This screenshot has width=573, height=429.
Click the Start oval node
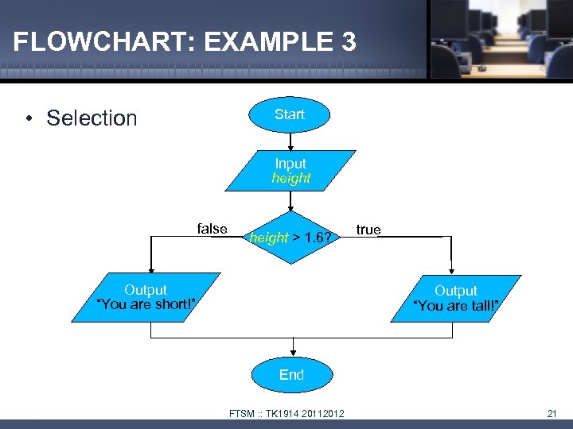(290, 115)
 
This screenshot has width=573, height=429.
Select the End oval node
(291, 375)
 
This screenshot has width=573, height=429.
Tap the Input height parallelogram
(290, 171)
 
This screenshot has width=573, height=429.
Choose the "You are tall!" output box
(456, 299)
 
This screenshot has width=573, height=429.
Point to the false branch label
(212, 229)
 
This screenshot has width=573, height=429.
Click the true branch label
(368, 230)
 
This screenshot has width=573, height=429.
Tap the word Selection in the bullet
(92, 118)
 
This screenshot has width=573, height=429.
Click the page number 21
(552, 412)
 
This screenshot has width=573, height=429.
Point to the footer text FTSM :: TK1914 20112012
(286, 413)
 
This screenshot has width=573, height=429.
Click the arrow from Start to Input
(290, 141)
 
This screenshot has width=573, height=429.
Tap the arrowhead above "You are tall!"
(452, 270)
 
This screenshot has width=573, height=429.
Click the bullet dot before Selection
(29, 119)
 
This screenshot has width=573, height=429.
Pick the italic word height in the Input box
(290, 178)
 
